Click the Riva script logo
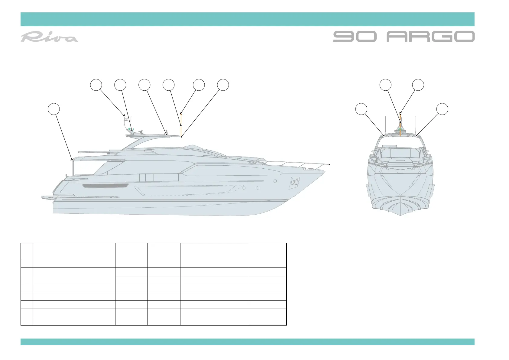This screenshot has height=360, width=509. coord(49,37)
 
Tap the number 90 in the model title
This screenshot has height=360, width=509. coord(355,37)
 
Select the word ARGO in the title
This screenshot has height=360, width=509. coord(430,37)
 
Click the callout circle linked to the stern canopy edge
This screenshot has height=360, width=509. coord(54,109)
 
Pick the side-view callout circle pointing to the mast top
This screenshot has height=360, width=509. coord(199,85)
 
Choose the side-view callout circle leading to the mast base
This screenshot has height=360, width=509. coord(223,85)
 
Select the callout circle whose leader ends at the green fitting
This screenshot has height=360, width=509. coord(120,85)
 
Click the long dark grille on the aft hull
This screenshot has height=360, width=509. coord(105,186)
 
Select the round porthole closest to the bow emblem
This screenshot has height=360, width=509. coord(275,181)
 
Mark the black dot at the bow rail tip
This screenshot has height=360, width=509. coord(330,164)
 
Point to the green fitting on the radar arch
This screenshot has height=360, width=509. coord(129,129)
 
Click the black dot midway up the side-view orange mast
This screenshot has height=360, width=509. coord(181,125)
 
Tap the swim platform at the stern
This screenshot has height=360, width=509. coord(48,197)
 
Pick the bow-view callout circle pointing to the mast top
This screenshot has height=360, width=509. coord(418,85)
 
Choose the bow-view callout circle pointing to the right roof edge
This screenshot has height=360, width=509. coord(443,109)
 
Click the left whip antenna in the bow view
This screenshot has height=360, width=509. coord(385,125)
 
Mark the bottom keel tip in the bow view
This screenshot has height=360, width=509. coord(400,215)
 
